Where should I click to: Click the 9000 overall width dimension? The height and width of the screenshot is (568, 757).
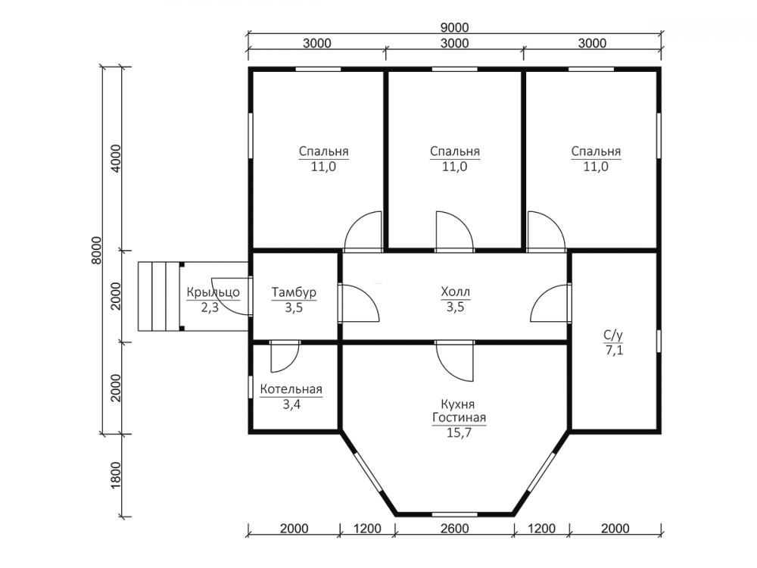coord(454,27)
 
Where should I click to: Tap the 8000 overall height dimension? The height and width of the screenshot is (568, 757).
coord(97,250)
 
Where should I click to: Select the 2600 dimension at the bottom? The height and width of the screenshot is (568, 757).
coord(455,529)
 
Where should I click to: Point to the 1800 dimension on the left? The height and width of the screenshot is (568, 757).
coord(116,476)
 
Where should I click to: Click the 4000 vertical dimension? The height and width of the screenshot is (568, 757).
coord(116,159)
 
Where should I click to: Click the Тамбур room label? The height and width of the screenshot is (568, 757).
coord(294,292)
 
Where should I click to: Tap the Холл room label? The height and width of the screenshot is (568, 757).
coord(455,292)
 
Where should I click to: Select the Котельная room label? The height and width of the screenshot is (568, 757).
coord(291,389)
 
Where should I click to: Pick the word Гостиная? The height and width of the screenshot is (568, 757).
coord(459,418)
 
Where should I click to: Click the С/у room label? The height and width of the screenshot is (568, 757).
coord(613,335)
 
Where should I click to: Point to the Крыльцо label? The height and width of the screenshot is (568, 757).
coord(213,292)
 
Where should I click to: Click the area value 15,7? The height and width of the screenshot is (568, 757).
coord(459,432)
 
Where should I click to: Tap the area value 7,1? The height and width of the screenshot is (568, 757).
coord(614,350)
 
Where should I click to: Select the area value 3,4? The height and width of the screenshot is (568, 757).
coord(291,404)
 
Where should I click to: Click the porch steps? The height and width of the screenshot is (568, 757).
coord(159,297)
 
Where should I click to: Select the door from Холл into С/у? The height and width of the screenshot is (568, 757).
coord(550,303)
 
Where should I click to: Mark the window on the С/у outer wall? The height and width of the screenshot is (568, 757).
coord(659,341)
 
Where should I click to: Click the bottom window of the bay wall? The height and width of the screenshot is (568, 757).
coord(455,514)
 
